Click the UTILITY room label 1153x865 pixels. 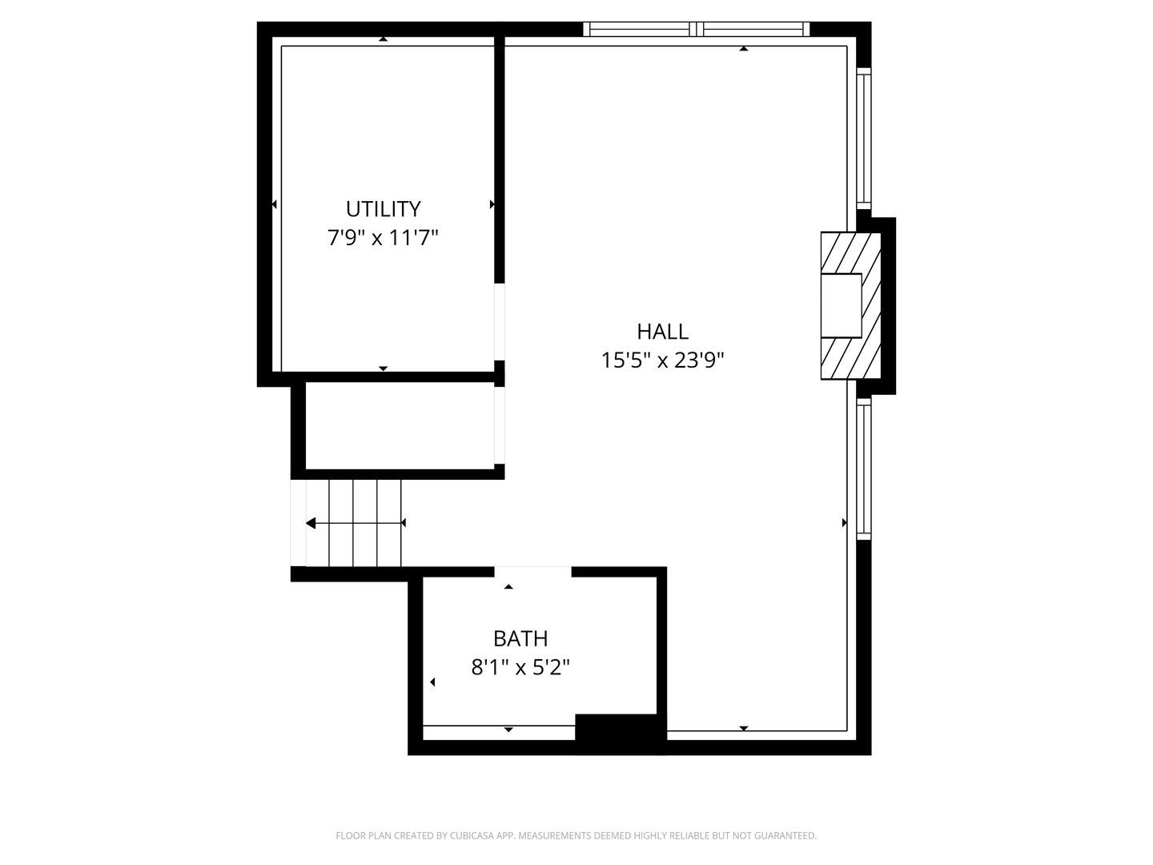[383, 209]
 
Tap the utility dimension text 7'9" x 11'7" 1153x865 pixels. [383, 238]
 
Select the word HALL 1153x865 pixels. [662, 332]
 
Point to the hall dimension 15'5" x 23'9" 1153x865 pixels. [662, 360]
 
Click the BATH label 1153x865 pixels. [520, 638]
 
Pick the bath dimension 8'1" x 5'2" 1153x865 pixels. [520, 667]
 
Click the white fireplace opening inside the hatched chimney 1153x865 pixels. [841, 305]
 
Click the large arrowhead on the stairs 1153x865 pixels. [311, 524]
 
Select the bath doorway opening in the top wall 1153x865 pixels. [532, 571]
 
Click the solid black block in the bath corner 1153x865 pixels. [620, 732]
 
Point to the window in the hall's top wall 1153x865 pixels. [696, 30]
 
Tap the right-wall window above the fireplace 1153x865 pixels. [864, 140]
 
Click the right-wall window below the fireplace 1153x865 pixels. [864, 469]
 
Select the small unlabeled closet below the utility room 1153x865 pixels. [399, 425]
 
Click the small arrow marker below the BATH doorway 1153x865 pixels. [508, 587]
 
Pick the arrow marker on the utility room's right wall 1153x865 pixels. [492, 204]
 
